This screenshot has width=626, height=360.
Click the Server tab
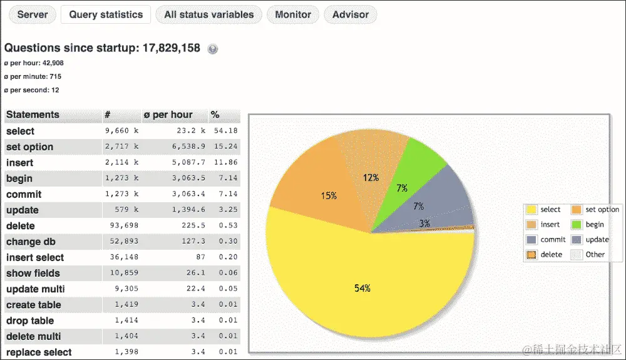click(x=33, y=14)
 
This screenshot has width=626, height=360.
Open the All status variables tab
click(x=208, y=14)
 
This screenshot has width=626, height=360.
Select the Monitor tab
click(x=293, y=14)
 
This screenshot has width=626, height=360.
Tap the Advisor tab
click(x=351, y=14)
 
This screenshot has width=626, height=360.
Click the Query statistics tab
click(x=106, y=14)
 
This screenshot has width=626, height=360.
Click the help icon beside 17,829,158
click(x=213, y=49)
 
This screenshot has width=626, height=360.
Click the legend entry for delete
click(x=545, y=255)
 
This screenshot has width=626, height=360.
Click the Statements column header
click(x=33, y=115)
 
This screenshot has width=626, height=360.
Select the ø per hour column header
click(x=168, y=115)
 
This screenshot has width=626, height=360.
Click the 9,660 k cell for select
click(x=122, y=131)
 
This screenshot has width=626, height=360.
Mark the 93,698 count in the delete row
click(x=124, y=225)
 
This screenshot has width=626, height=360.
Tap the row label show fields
click(x=33, y=273)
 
